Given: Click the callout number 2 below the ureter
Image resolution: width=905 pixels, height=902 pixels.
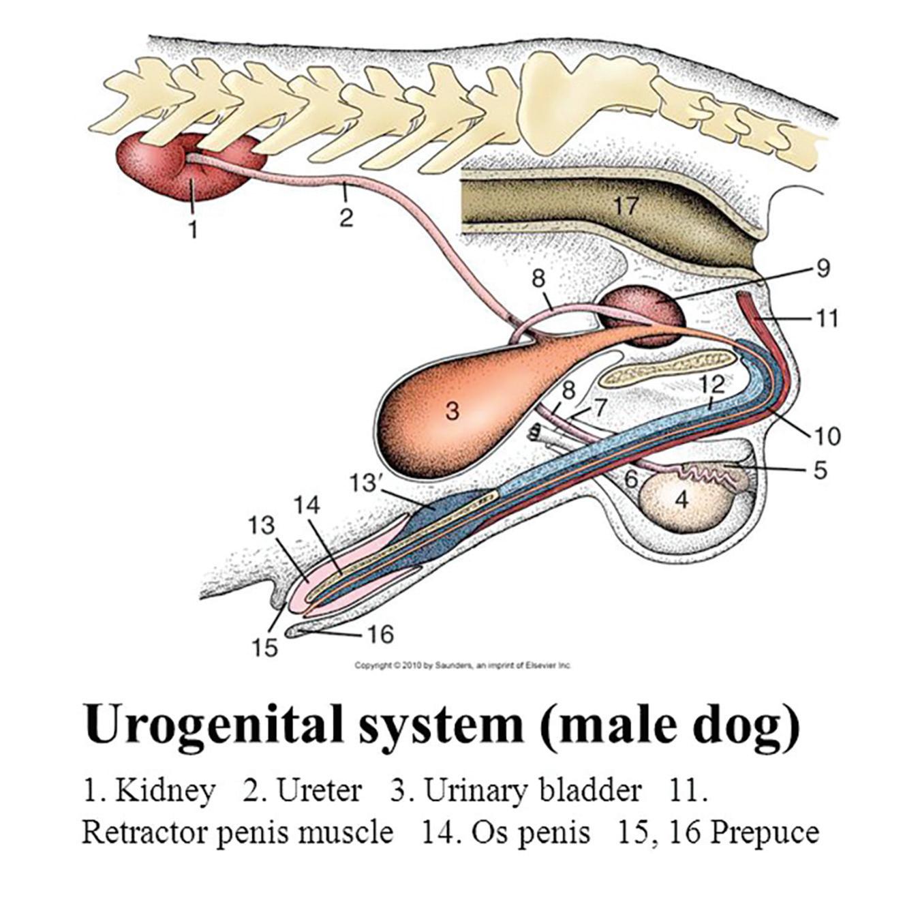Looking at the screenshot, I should [346, 218].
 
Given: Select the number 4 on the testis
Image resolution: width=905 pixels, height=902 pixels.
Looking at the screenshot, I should [681, 500].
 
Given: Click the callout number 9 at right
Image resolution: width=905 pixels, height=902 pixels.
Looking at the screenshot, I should [823, 269].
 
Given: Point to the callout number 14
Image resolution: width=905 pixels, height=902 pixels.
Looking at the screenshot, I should [307, 505].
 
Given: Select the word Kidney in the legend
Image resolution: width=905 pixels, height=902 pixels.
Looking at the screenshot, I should [165, 791].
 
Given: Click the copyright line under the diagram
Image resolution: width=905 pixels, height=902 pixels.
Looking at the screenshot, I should [463, 665].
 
